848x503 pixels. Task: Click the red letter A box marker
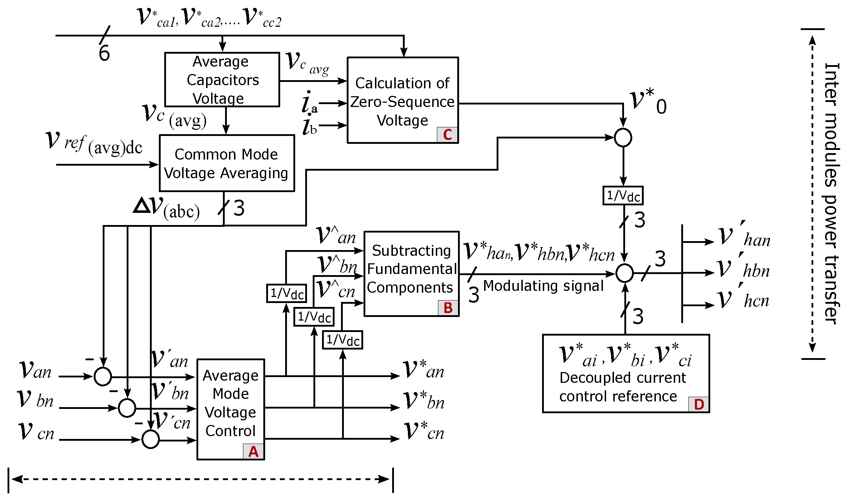(x=254, y=451)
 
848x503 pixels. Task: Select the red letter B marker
(x=448, y=308)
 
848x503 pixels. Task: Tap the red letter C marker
(x=447, y=135)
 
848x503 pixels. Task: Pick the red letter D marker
(x=699, y=404)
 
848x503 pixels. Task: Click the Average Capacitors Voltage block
(x=222, y=79)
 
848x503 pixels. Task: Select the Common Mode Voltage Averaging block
(x=227, y=163)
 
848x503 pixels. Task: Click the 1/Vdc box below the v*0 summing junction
(x=623, y=196)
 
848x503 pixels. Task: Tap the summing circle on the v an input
(x=103, y=376)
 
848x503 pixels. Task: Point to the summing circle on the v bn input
(x=127, y=408)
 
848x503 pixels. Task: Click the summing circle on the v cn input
(x=151, y=439)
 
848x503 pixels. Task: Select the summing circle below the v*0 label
(x=623, y=138)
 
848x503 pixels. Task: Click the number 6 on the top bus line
(x=104, y=53)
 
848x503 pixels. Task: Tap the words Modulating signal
(x=543, y=286)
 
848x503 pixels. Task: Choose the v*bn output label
(x=424, y=400)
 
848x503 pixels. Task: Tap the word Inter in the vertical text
(x=832, y=85)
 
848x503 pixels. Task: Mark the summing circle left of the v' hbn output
(x=624, y=273)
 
